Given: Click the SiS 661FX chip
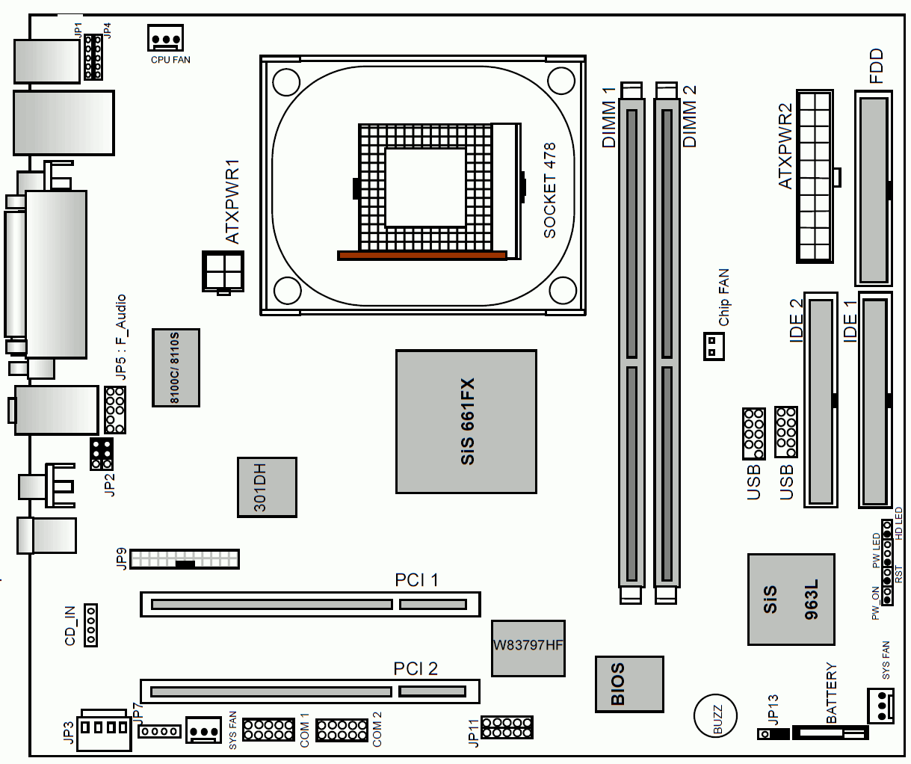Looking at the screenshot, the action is (x=466, y=422).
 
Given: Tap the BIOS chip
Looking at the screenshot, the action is (x=629, y=684).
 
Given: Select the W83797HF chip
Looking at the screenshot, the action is (x=528, y=648).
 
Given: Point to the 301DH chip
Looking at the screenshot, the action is (x=267, y=487).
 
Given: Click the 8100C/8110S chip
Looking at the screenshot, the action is (x=176, y=368).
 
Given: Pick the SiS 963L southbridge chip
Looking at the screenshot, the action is (x=791, y=600).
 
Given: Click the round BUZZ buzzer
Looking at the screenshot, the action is (x=715, y=715).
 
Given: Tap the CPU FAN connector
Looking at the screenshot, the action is (x=165, y=37).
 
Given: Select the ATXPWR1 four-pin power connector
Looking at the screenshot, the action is (x=223, y=271).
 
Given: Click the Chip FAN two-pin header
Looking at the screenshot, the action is (x=714, y=346).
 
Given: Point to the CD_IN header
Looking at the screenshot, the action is (x=90, y=625).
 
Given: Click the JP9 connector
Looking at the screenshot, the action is (x=185, y=559).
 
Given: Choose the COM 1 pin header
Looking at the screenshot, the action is (x=268, y=730).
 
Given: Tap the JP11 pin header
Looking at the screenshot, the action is (x=507, y=727).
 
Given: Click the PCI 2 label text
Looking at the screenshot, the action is (x=416, y=669).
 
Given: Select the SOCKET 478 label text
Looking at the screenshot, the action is (x=549, y=191).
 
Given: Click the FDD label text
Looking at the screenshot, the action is (x=876, y=66).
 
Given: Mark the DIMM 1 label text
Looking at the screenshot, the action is (x=608, y=117).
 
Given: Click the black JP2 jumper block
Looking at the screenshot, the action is (x=101, y=455).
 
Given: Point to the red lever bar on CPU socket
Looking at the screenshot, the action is (x=422, y=256).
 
